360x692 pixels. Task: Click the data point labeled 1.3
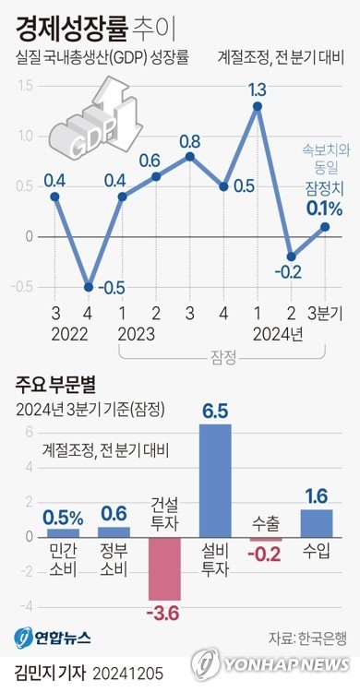[x=258, y=106]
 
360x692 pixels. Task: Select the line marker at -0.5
[x=89, y=286]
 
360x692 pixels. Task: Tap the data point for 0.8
[x=189, y=156]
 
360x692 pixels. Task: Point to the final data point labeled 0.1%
[x=325, y=226]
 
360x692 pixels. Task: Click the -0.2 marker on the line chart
[x=292, y=257]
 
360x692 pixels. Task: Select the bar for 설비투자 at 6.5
[x=215, y=480]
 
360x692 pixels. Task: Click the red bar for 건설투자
[x=164, y=567]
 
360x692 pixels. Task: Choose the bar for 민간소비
[x=63, y=532]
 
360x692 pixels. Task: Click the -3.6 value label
[x=164, y=612]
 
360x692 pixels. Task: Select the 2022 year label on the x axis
[x=71, y=333]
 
